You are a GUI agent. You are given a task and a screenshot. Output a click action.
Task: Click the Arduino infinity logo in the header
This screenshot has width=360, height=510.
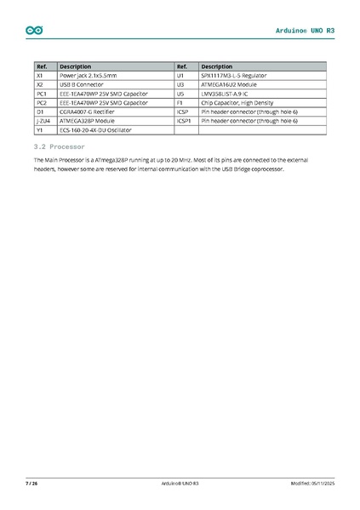point(34,31)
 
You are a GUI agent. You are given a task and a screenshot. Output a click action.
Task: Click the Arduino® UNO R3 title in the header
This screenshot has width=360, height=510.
point(306,31)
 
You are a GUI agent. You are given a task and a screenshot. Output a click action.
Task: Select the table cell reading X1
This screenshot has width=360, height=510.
point(40,76)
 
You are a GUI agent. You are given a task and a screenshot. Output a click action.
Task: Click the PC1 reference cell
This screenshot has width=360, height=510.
point(41,94)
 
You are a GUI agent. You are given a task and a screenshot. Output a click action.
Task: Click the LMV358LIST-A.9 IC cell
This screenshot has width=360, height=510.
point(226,94)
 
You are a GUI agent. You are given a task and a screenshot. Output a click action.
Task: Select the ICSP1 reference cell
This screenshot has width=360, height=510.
point(183,122)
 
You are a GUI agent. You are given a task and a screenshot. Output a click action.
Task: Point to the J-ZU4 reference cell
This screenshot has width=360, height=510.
point(43,122)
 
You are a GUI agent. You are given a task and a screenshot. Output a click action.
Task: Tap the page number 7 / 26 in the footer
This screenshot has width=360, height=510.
point(31,484)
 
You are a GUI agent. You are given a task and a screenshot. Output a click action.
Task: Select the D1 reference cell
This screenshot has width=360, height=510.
point(40,112)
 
